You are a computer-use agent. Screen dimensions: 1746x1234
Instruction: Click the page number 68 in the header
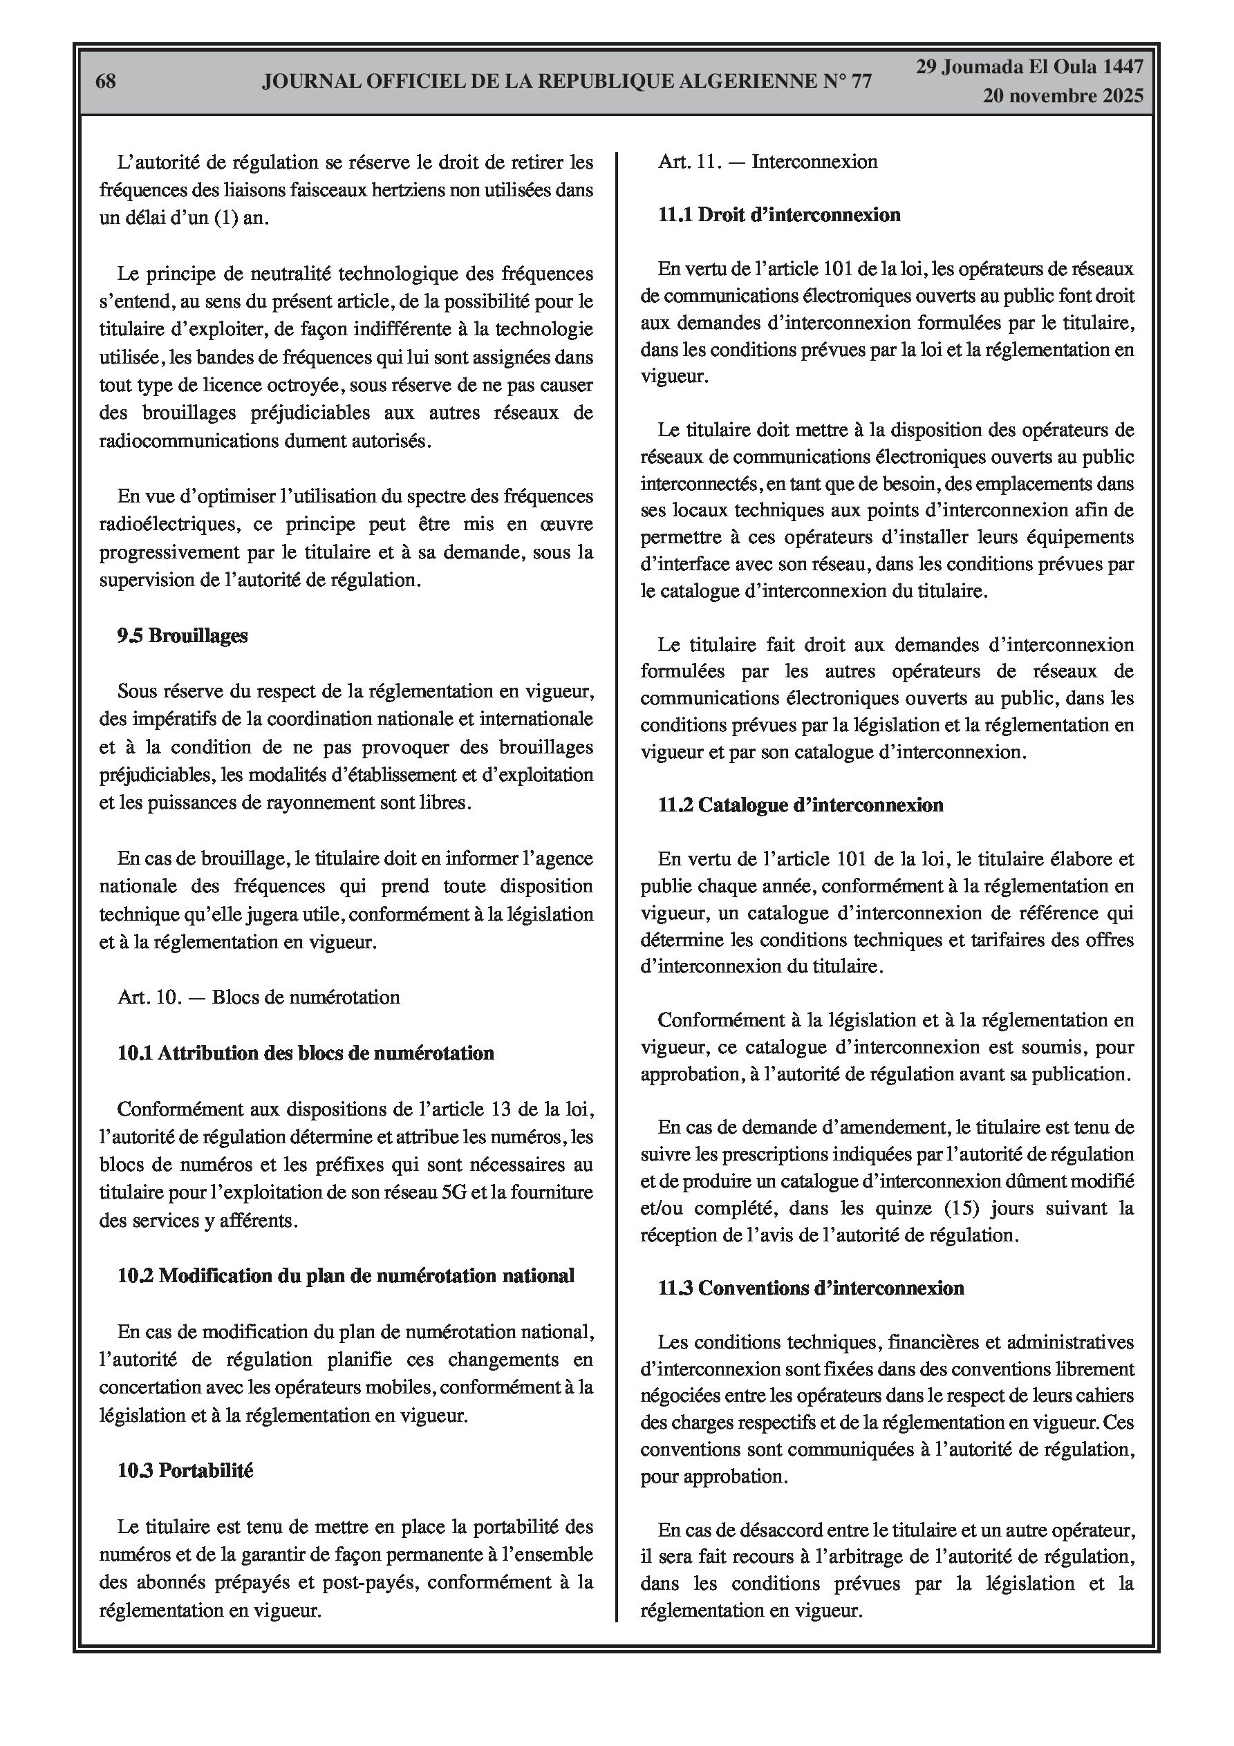pyautogui.click(x=106, y=82)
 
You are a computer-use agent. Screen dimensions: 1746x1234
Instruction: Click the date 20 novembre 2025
pyautogui.click(x=1062, y=96)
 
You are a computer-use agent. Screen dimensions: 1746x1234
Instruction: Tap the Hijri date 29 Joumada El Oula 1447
pyautogui.click(x=1029, y=68)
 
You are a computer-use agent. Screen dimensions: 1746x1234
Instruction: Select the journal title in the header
pyautogui.click(x=567, y=82)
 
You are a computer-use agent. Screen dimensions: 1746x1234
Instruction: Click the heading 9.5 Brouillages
pyautogui.click(x=183, y=636)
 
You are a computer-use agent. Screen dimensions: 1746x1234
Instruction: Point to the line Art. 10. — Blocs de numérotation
pyautogui.click(x=259, y=997)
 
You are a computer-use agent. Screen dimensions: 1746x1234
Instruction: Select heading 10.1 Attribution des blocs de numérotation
pyautogui.click(x=306, y=1053)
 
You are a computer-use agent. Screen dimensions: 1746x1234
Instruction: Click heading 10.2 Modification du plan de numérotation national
pyautogui.click(x=346, y=1275)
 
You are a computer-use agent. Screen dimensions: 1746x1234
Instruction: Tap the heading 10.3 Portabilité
pyautogui.click(x=185, y=1471)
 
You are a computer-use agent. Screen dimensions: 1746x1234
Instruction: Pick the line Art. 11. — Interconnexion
pyautogui.click(x=767, y=161)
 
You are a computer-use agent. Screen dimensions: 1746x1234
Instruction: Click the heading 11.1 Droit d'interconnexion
pyautogui.click(x=779, y=215)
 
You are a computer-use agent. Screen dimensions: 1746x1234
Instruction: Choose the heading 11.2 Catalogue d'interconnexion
pyautogui.click(x=801, y=805)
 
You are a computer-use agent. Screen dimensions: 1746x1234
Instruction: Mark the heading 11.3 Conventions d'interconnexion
pyautogui.click(x=811, y=1288)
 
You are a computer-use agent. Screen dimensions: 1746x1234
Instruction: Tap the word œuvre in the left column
pyautogui.click(x=569, y=525)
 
